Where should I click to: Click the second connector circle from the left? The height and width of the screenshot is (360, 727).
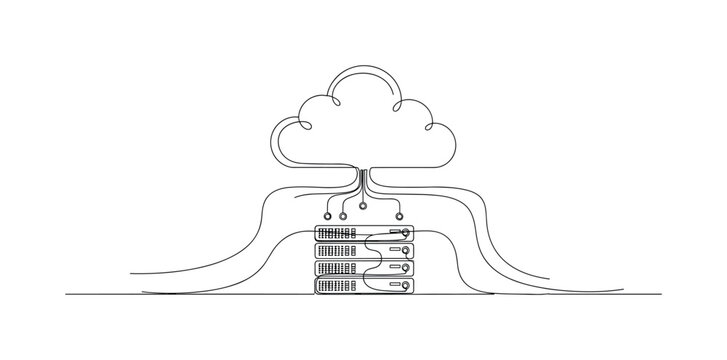(344, 215)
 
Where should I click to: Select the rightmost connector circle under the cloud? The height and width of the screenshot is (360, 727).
(399, 215)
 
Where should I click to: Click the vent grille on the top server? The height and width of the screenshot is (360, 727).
(337, 233)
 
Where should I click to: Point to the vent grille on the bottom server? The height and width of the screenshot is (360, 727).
(337, 286)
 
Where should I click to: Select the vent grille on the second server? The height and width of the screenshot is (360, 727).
(337, 251)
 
